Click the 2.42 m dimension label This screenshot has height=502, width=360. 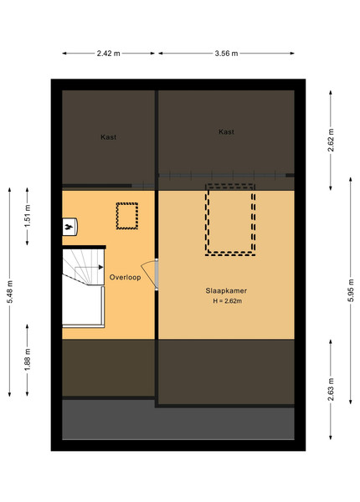[x=109, y=54]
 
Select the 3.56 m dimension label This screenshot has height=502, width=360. [x=226, y=54]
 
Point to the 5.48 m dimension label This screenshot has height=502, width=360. [x=10, y=292]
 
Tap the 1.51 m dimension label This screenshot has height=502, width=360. [x=28, y=216]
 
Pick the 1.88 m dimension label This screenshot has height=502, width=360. [x=28, y=360]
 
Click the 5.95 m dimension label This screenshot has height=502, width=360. [x=351, y=290]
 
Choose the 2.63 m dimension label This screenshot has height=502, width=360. [x=331, y=389]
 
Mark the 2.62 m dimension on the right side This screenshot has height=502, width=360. [x=331, y=141]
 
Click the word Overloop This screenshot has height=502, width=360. [x=126, y=277]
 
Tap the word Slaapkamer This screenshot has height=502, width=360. [x=226, y=290]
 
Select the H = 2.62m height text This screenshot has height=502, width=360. [x=228, y=301]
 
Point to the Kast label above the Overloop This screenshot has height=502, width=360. [x=109, y=137]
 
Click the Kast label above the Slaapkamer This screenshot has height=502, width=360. [x=226, y=131]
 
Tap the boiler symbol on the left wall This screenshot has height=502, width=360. [x=69, y=227]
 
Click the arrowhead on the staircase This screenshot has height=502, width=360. [x=101, y=267]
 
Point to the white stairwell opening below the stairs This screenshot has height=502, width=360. [x=82, y=305]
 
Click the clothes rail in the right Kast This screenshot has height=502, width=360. [x=226, y=175]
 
